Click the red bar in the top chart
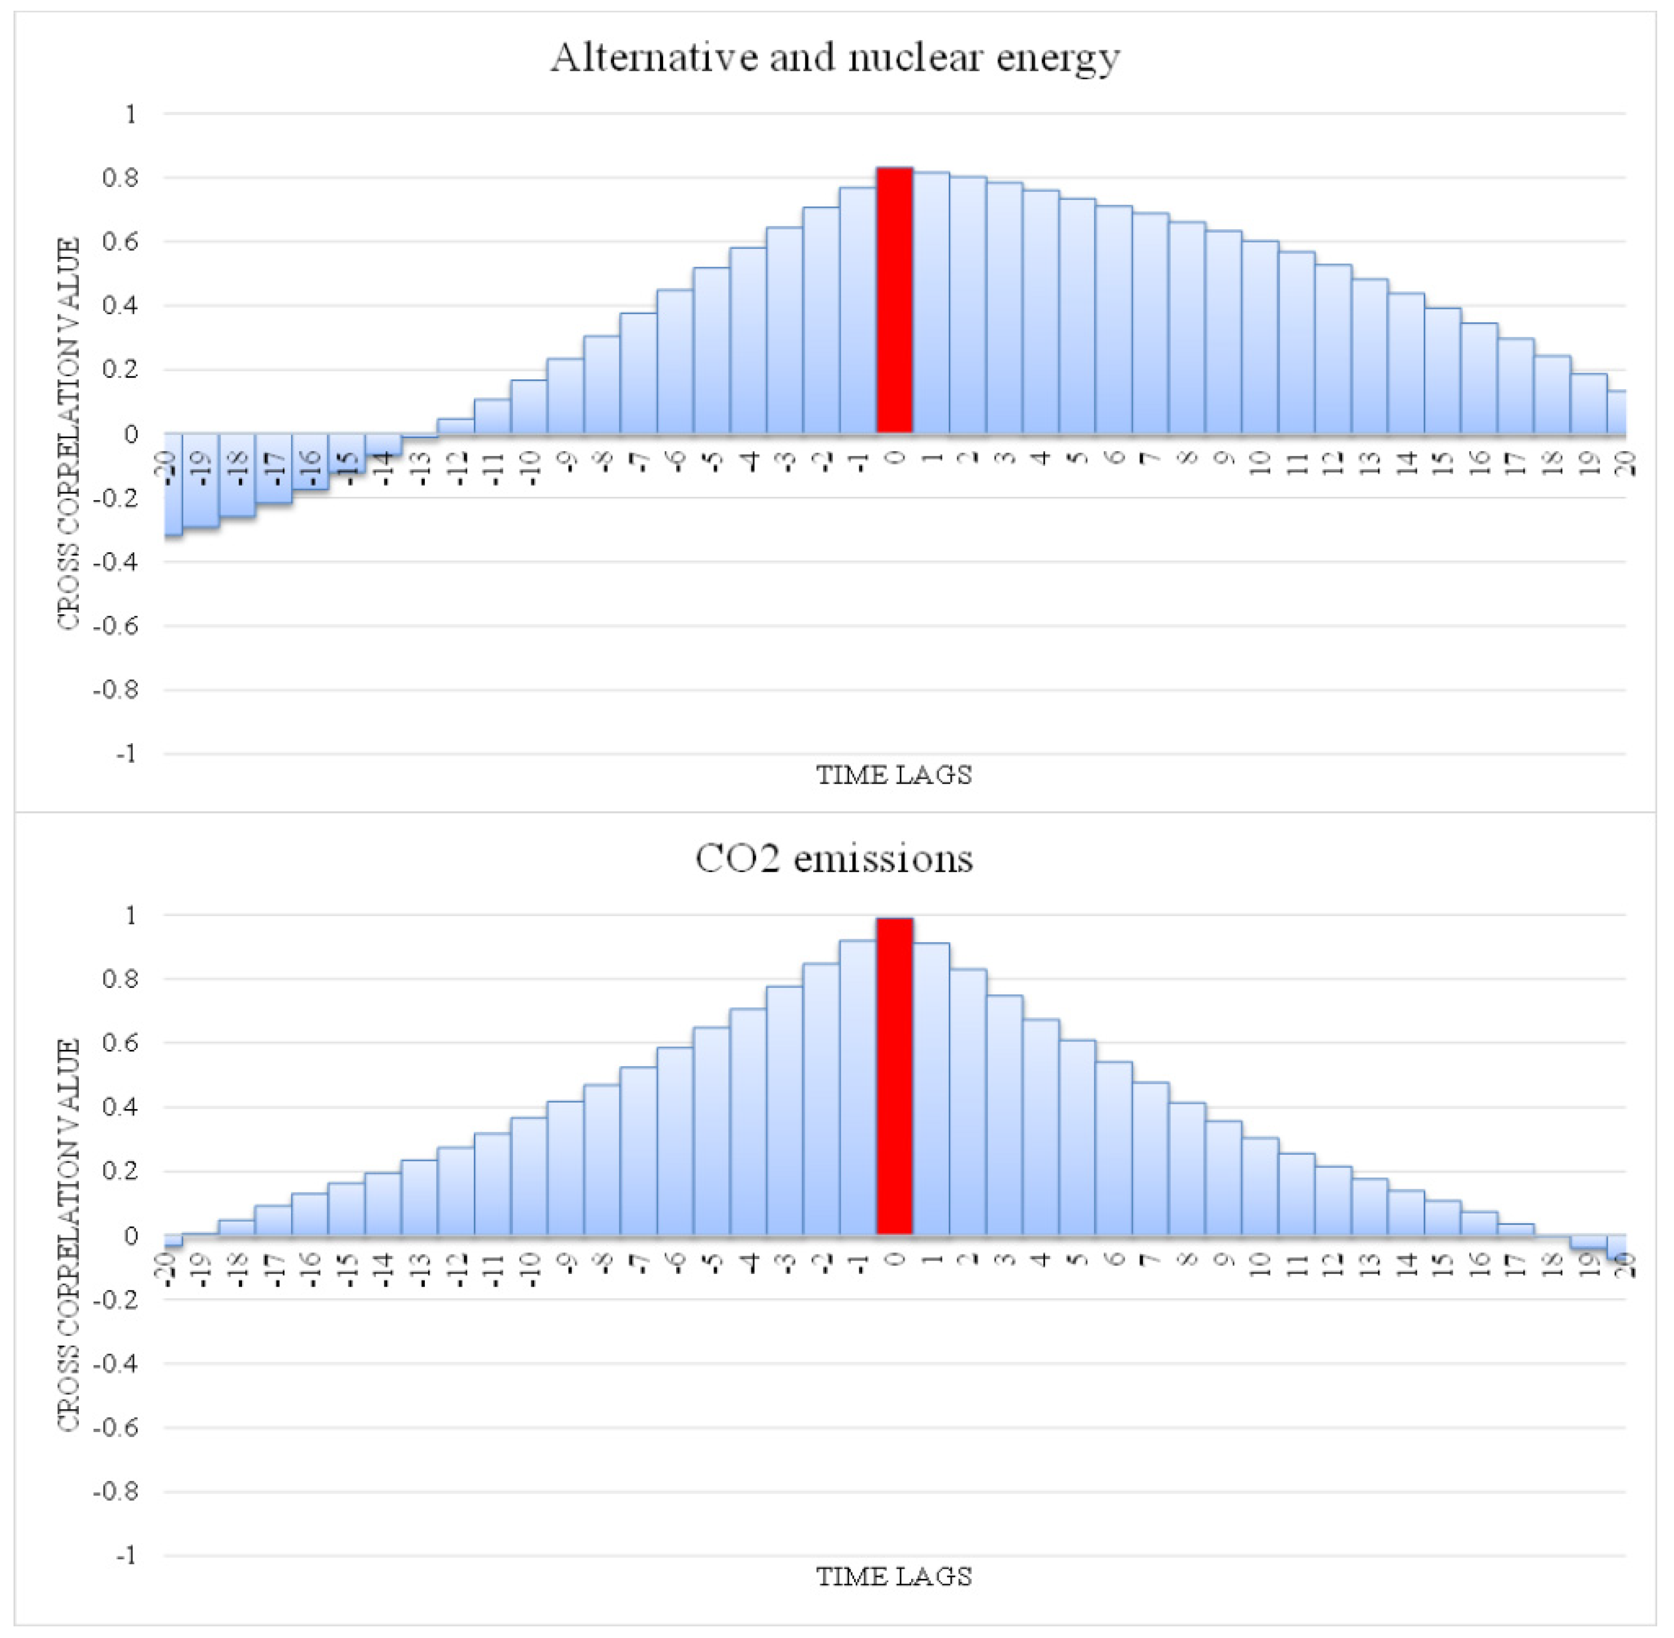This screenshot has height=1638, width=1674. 894,301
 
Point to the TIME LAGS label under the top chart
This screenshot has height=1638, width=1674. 893,775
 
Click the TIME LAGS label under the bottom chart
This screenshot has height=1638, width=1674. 893,1577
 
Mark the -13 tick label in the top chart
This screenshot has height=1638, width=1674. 420,465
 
